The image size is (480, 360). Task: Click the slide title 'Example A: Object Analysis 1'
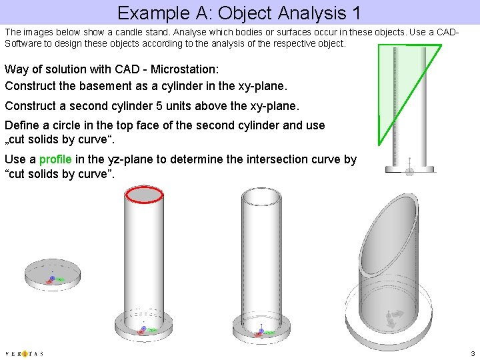click(239, 12)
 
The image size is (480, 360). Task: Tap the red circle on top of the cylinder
click(144, 194)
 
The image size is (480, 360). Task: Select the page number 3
click(473, 353)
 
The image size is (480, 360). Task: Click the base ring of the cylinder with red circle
click(144, 327)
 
